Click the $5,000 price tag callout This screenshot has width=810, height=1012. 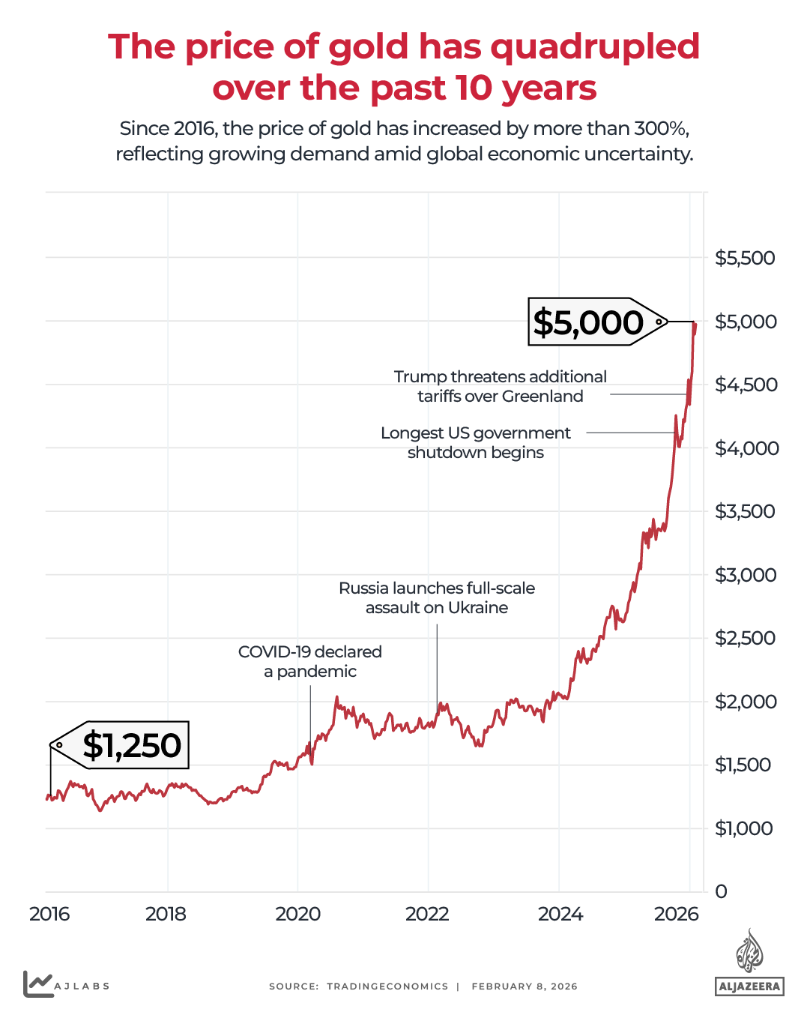click(x=589, y=322)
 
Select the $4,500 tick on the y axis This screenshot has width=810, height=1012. click(x=746, y=385)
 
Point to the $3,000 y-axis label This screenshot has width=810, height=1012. click(x=746, y=575)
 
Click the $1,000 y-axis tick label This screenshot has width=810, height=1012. click(x=743, y=828)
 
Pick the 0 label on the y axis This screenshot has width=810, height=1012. click(x=721, y=891)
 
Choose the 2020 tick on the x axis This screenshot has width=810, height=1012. click(x=297, y=914)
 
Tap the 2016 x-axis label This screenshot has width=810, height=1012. click(x=49, y=914)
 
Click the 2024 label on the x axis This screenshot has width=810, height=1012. click(x=560, y=914)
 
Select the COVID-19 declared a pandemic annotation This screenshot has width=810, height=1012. click(x=310, y=661)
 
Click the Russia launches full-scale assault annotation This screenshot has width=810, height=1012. click(x=437, y=597)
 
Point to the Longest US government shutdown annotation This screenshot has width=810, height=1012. click(x=476, y=442)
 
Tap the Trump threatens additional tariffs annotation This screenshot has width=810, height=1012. click(x=501, y=386)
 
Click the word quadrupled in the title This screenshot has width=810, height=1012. click(x=596, y=46)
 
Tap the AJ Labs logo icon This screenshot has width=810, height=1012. click(x=37, y=984)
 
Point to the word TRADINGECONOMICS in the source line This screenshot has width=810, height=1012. click(x=387, y=987)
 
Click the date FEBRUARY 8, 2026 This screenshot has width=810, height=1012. click(x=525, y=987)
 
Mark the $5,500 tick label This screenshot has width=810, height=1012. click(x=746, y=258)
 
